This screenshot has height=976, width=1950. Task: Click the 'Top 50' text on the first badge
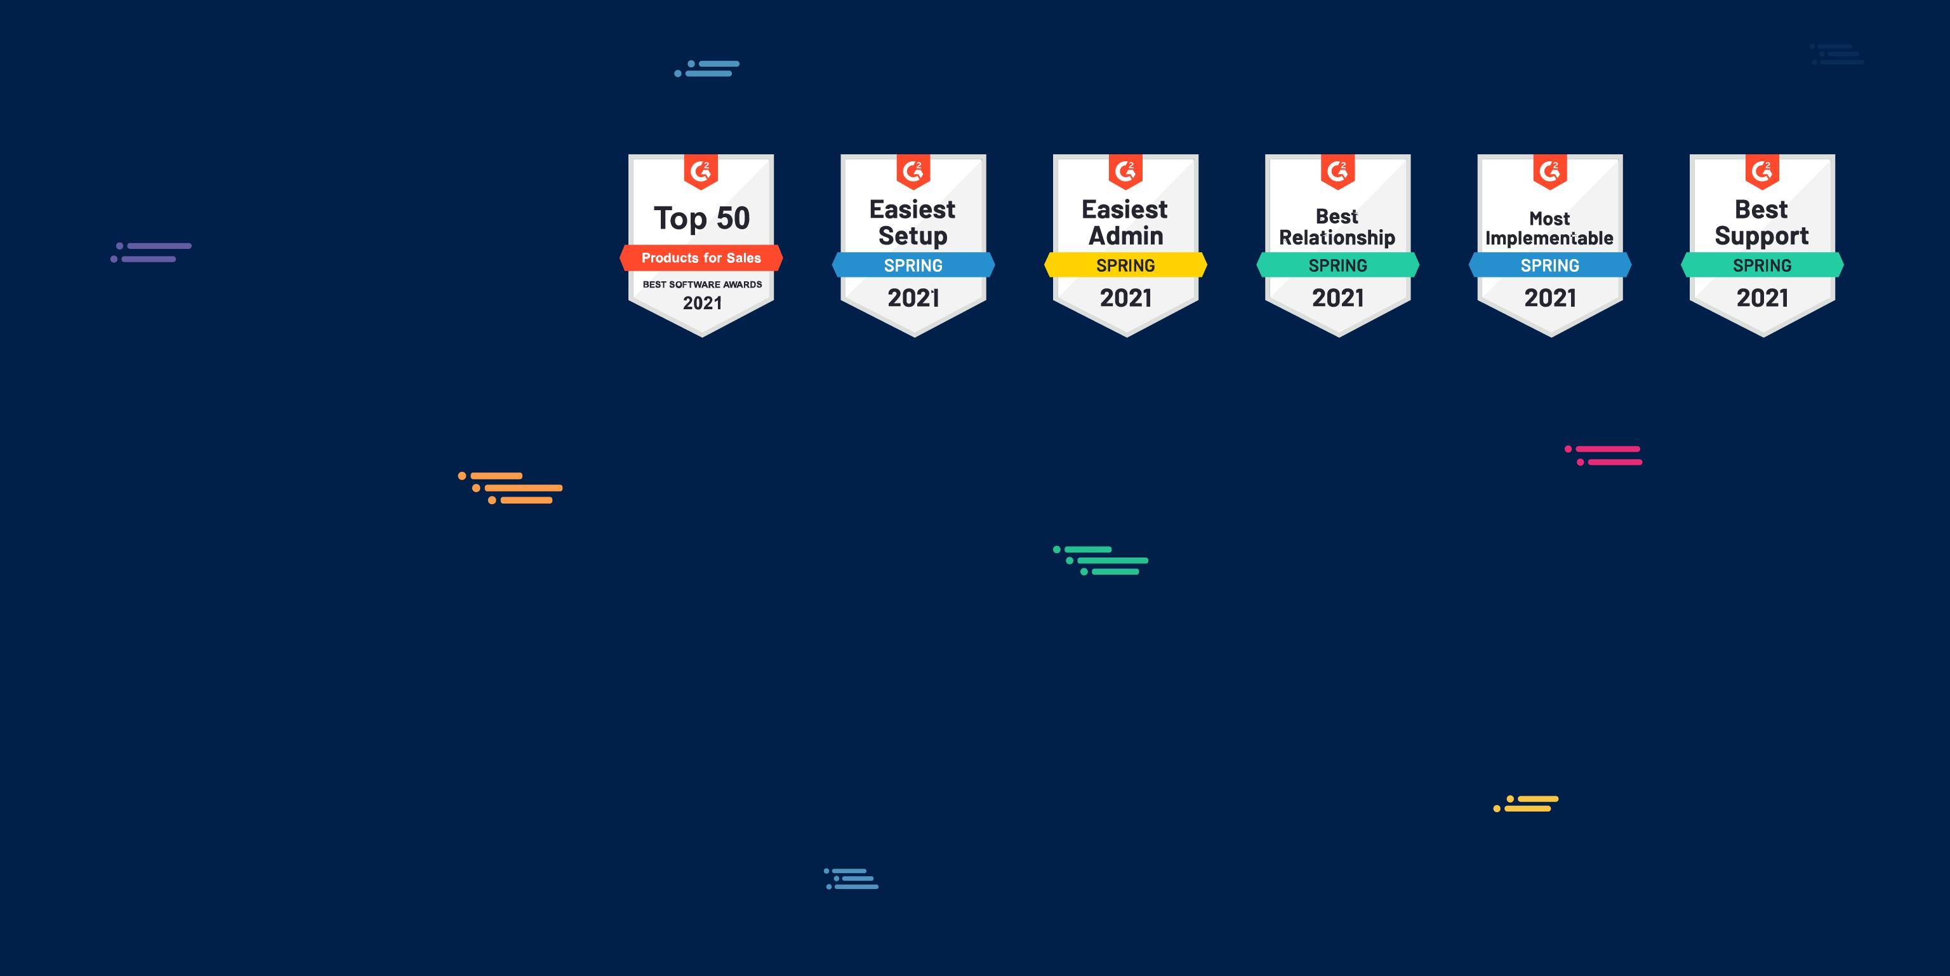point(701,218)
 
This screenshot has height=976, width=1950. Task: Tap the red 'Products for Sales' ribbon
point(701,257)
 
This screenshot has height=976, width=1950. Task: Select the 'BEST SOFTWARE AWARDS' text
point(701,284)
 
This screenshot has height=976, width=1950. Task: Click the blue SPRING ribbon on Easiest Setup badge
point(913,265)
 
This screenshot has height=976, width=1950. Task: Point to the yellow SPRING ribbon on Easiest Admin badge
point(1125,265)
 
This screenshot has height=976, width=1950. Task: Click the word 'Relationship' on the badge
point(1337,237)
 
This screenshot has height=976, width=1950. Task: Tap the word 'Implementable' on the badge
point(1549,239)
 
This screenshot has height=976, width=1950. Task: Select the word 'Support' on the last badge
point(1761,236)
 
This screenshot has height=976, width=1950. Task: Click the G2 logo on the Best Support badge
point(1761,171)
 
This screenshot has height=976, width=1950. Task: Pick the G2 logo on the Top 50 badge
point(700,171)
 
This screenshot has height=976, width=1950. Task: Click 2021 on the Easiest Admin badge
point(1125,298)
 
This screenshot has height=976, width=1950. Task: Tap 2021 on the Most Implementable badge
point(1549,298)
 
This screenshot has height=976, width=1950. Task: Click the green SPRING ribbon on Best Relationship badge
point(1337,265)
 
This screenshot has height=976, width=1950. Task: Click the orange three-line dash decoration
point(510,488)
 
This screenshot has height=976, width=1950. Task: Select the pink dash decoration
point(1603,455)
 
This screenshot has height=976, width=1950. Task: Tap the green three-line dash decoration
point(1101,560)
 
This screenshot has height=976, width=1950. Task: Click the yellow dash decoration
point(1525,803)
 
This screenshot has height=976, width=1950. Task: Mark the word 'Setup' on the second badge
point(912,236)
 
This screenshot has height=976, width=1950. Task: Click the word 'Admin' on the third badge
point(1125,236)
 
